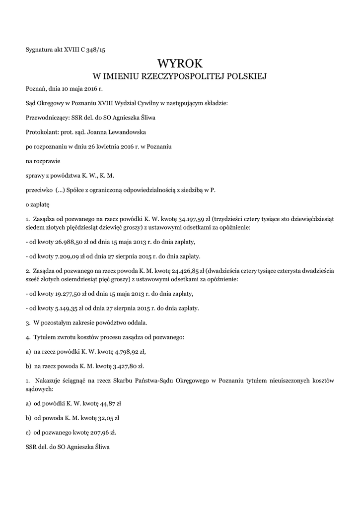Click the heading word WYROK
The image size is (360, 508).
(x=180, y=63)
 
